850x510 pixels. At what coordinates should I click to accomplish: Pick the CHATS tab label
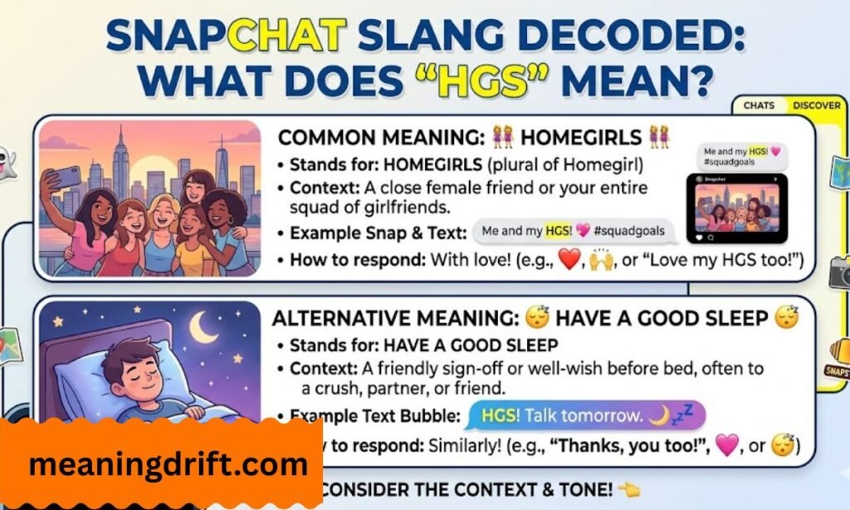(x=760, y=106)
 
